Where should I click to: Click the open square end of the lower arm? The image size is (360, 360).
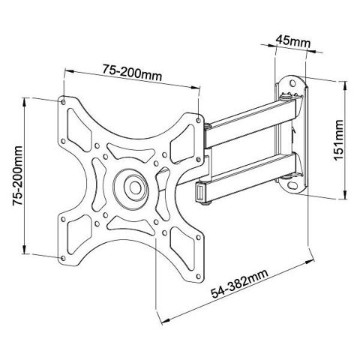coord(201,193)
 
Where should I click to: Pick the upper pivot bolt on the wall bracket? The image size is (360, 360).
coord(285,96)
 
